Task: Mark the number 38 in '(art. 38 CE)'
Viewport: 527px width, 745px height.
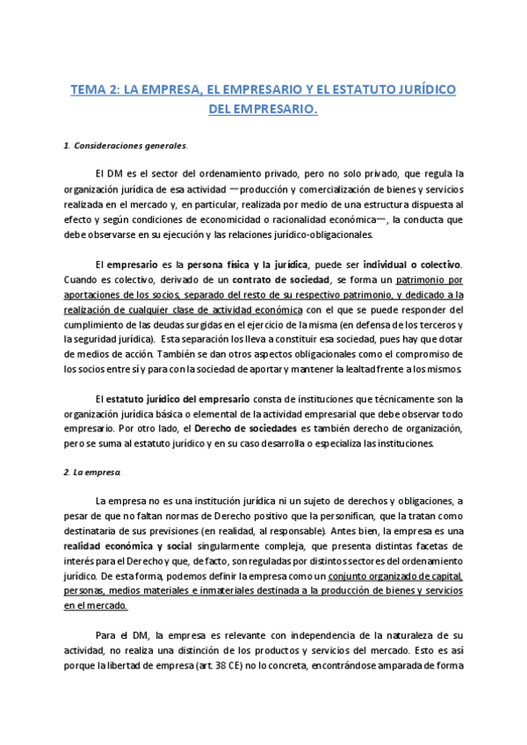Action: coord(228,666)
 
